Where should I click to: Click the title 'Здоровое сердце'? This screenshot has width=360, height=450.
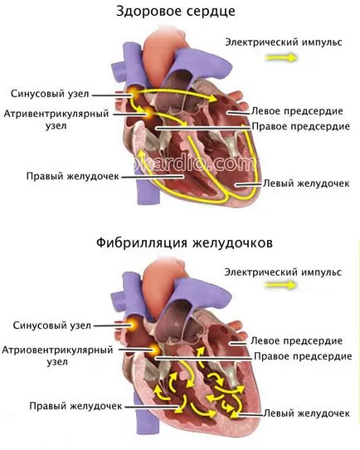click(x=176, y=12)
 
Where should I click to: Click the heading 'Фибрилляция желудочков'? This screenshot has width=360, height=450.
click(x=184, y=243)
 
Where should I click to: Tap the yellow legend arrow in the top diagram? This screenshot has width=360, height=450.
click(x=281, y=58)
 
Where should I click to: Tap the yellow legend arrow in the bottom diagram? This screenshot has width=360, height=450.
click(x=280, y=285)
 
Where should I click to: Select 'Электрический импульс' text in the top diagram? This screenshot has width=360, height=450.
click(x=284, y=42)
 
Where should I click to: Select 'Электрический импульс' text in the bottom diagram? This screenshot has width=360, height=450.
click(x=283, y=271)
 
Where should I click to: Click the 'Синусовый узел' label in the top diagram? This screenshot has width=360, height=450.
click(x=50, y=94)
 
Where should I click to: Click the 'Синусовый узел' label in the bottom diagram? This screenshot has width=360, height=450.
click(x=52, y=325)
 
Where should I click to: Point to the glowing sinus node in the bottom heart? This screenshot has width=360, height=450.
click(x=133, y=324)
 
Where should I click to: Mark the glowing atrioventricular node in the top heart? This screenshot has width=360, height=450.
click(x=149, y=113)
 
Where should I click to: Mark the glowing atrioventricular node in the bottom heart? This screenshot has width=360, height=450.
click(x=155, y=350)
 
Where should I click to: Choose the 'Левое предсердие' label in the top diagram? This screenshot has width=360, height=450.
click(x=297, y=111)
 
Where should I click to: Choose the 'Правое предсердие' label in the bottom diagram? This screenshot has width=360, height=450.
click(x=303, y=356)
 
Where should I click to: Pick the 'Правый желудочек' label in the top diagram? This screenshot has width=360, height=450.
click(x=72, y=176)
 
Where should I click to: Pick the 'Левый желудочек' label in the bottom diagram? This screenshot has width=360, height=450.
click(x=306, y=413)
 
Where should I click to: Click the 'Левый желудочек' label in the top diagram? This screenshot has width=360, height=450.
click(x=306, y=183)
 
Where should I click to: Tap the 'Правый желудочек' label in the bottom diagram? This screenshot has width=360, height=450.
click(x=75, y=406)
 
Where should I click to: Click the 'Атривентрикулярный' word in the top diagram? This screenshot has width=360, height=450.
click(x=56, y=114)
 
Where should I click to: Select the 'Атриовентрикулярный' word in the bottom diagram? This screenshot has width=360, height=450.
click(x=57, y=350)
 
